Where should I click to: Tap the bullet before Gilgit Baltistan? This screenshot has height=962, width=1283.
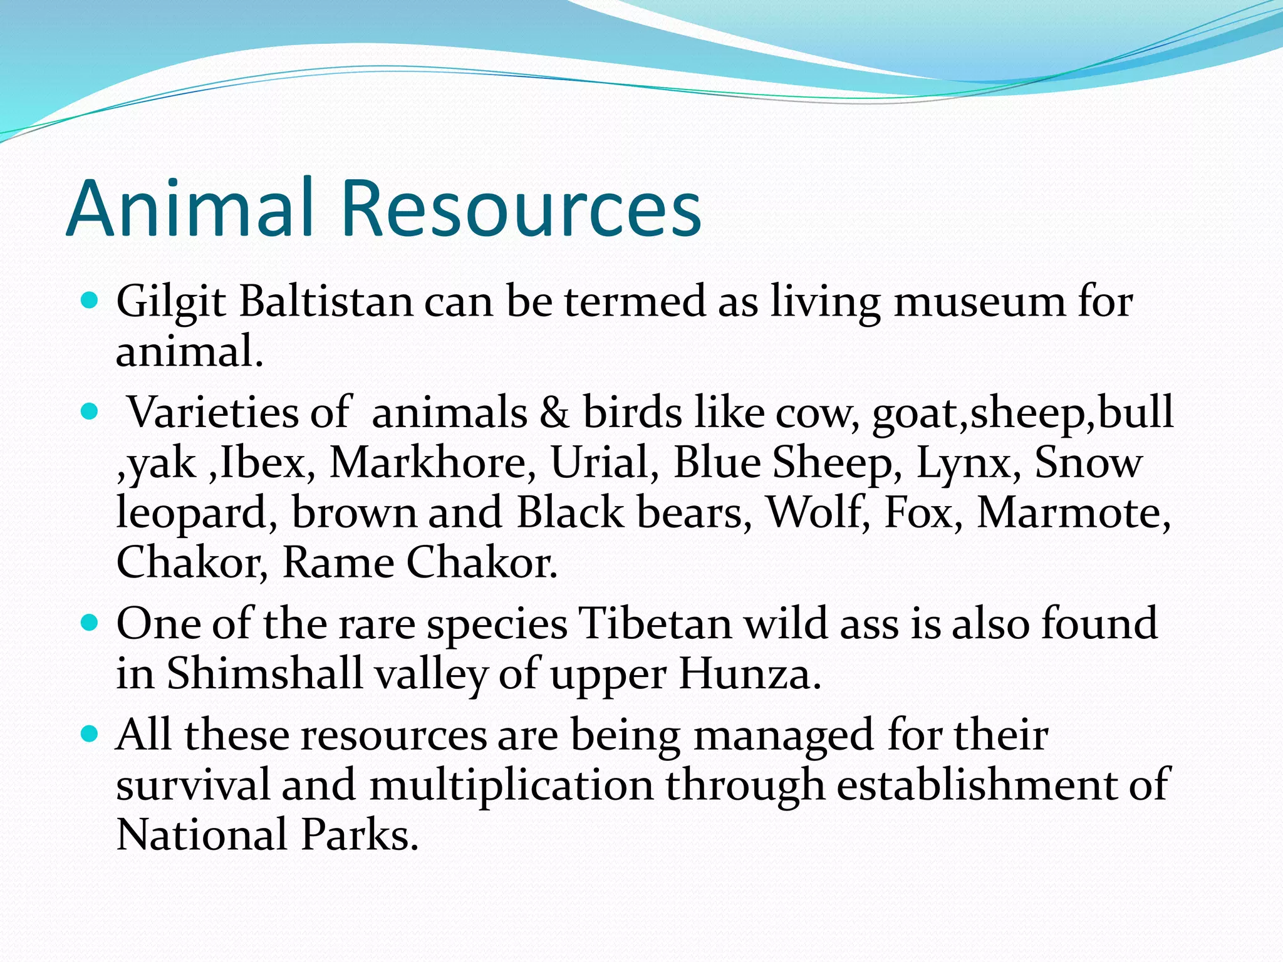coord(90,301)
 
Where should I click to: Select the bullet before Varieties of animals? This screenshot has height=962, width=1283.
coord(90,413)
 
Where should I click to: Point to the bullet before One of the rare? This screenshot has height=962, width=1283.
coord(90,623)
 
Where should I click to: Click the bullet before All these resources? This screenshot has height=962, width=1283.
coord(90,734)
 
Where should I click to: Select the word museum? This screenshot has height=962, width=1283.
coord(979,302)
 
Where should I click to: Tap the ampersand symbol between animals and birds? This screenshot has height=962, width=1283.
coord(554,413)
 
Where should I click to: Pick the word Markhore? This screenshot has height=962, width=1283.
coord(432,463)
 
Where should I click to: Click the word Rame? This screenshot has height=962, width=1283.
coord(338,562)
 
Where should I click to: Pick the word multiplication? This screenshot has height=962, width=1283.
coord(511,785)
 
